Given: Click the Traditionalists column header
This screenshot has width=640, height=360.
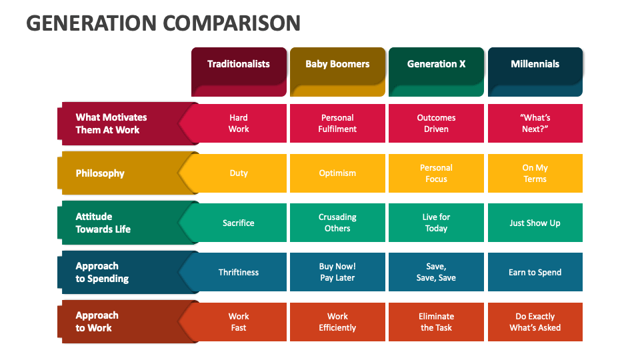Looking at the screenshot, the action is click(x=239, y=72).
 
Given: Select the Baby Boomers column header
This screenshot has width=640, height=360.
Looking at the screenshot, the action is click(x=337, y=72).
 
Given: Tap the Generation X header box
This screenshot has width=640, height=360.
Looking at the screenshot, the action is click(x=436, y=72).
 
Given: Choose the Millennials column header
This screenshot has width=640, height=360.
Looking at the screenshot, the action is click(x=535, y=72).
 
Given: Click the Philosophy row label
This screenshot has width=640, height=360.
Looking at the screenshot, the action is click(x=123, y=173).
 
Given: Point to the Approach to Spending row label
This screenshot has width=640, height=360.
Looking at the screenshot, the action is click(x=123, y=272).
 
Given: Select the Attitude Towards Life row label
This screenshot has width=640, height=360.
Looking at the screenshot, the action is click(x=123, y=223).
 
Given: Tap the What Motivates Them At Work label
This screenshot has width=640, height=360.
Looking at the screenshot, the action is click(x=123, y=123).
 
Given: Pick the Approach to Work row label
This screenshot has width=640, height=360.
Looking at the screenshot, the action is click(x=123, y=321).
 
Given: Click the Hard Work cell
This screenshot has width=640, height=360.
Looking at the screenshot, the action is click(x=239, y=123).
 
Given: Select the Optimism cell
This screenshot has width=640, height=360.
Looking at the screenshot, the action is click(x=337, y=173).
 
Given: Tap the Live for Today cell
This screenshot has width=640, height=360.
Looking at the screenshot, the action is click(x=436, y=223).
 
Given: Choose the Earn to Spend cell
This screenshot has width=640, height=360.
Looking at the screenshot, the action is click(x=535, y=272).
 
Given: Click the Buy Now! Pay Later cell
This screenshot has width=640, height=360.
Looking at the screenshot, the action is click(x=337, y=272).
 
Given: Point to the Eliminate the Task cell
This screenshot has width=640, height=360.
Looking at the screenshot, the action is click(x=436, y=321).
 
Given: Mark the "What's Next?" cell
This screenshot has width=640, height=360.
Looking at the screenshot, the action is click(x=535, y=123).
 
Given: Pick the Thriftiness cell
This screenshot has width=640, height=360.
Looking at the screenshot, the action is click(x=239, y=272).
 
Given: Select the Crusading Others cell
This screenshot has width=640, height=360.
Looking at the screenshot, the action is click(x=337, y=223).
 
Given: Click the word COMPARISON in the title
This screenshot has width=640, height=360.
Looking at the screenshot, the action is click(x=232, y=23).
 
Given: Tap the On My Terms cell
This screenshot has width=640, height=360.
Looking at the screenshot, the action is click(x=535, y=173).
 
